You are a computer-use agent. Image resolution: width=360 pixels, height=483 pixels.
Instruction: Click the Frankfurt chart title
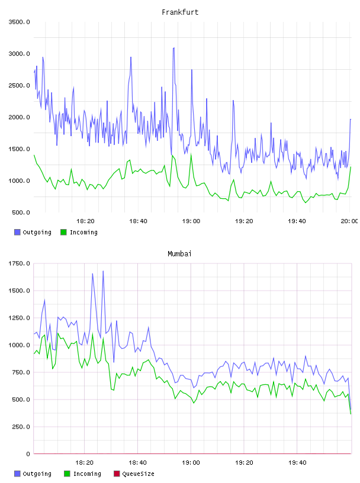coord(180,12)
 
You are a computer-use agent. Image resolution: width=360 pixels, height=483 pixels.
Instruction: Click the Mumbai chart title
coord(179,253)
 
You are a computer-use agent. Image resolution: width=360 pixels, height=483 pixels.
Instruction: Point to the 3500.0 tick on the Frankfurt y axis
coord(19,22)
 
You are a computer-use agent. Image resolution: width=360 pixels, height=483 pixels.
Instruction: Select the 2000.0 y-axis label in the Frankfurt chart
coord(19,117)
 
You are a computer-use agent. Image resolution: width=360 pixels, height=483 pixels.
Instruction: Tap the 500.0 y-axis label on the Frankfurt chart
coord(21,212)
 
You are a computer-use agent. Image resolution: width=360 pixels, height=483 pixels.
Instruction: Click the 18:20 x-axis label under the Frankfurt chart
coord(85,221)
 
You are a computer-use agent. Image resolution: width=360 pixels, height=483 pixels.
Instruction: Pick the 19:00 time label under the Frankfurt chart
coord(191,221)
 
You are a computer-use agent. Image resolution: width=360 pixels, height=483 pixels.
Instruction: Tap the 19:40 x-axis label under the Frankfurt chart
coord(297,221)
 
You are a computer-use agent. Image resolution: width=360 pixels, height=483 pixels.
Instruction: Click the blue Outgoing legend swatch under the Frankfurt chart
coord(17,232)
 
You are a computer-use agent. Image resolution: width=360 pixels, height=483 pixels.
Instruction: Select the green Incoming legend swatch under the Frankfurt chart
coord(63,232)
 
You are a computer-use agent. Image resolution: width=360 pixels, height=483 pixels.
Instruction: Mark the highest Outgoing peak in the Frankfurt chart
coord(174,48)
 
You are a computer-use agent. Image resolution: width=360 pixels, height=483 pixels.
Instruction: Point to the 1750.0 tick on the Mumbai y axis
coord(19,263)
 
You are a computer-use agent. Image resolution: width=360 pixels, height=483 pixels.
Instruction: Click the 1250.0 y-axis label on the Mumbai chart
coord(19,318)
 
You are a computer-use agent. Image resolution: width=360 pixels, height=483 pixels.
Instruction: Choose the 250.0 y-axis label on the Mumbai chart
coord(21,427)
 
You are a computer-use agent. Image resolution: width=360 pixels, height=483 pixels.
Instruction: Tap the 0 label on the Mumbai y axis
coord(28,454)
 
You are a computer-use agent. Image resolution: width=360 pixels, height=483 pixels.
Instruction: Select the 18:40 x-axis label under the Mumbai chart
coord(137,462)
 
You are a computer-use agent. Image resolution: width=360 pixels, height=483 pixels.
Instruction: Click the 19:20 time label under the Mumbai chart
coord(244,462)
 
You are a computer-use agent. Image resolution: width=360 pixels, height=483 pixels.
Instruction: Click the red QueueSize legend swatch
coord(117,474)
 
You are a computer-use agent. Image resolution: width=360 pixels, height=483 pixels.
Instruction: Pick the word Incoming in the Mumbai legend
coord(87,474)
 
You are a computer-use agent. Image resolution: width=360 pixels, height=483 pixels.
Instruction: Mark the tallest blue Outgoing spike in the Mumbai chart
coord(103,271)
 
